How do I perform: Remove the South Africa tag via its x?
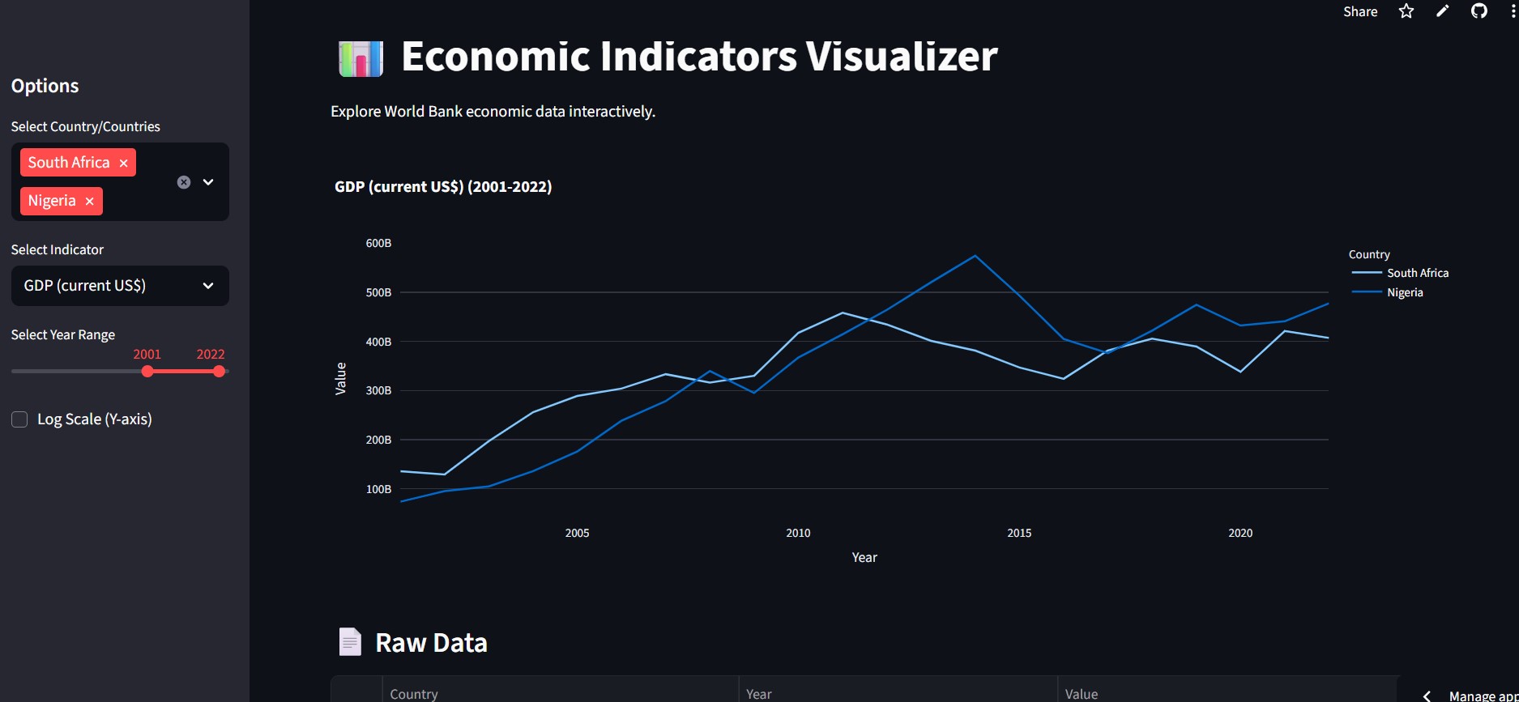pyautogui.click(x=124, y=163)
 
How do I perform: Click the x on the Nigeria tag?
pyautogui.click(x=90, y=201)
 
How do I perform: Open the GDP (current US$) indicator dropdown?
pyautogui.click(x=120, y=286)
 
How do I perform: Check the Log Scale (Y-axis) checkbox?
pyautogui.click(x=19, y=419)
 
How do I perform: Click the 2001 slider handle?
pyautogui.click(x=147, y=372)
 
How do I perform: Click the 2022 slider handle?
pyautogui.click(x=219, y=372)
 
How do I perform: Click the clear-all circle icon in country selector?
pyautogui.click(x=184, y=182)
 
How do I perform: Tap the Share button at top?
pyautogui.click(x=1360, y=11)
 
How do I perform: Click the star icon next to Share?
pyautogui.click(x=1406, y=11)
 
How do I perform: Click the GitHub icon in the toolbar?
pyautogui.click(x=1479, y=11)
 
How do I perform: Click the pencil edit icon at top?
pyautogui.click(x=1443, y=11)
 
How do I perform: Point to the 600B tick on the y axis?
pyautogui.click(x=378, y=243)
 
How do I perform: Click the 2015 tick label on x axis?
pyautogui.click(x=1019, y=533)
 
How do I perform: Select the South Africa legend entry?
pyautogui.click(x=1417, y=273)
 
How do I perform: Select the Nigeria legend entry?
pyautogui.click(x=1404, y=292)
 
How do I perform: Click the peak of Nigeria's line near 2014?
pyautogui.click(x=975, y=256)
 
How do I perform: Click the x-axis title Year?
pyautogui.click(x=864, y=557)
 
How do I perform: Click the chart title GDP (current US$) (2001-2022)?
pyautogui.click(x=443, y=187)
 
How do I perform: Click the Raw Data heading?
pyautogui.click(x=431, y=643)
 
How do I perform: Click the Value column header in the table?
pyautogui.click(x=1082, y=694)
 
